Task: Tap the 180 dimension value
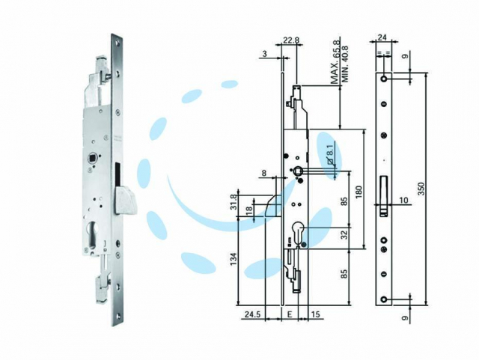click(359, 192)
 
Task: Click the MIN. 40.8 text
click(345, 64)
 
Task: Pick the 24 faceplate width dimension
click(382, 37)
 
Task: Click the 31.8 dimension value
click(234, 202)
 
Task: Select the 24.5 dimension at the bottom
click(252, 314)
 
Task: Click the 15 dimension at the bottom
click(316, 314)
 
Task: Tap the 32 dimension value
click(344, 235)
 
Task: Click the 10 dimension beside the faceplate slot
click(403, 201)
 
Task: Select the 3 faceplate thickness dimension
click(264, 54)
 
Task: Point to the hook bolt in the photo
click(124, 200)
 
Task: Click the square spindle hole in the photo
click(91, 159)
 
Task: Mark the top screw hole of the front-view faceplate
click(383, 79)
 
